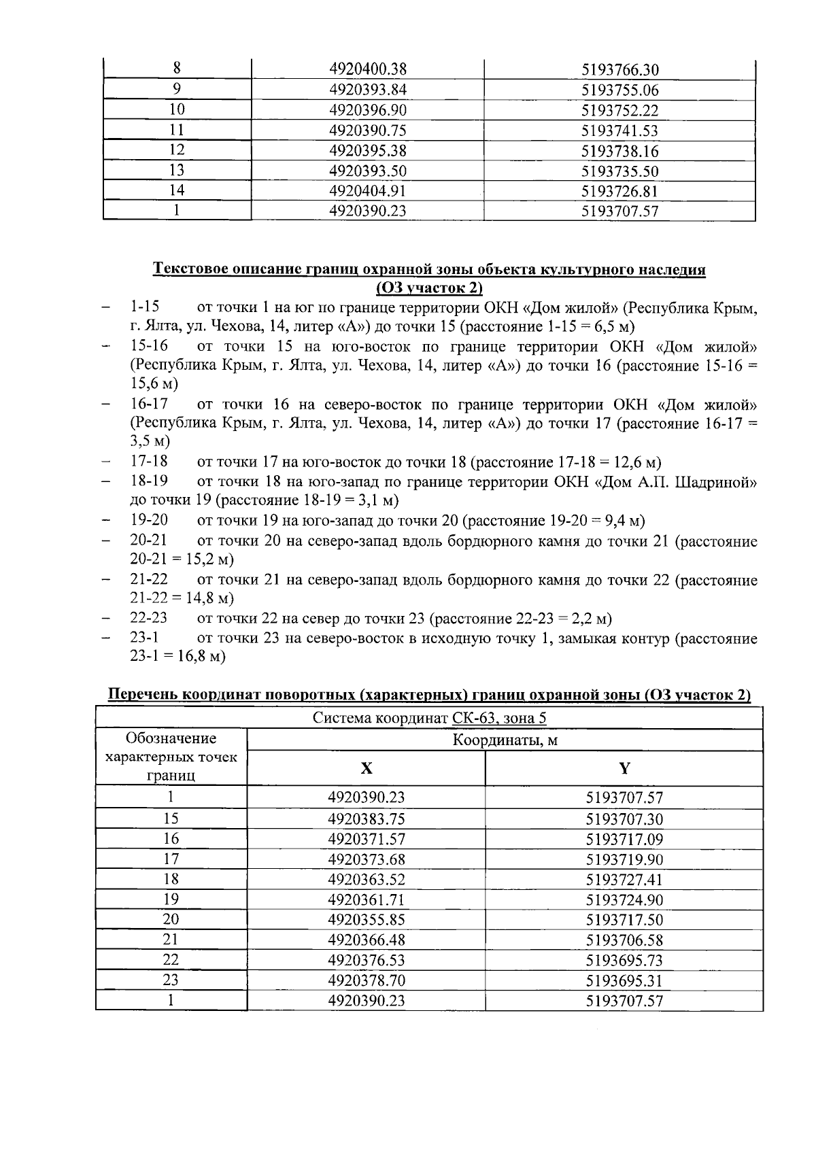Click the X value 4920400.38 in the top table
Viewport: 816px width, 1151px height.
click(x=367, y=69)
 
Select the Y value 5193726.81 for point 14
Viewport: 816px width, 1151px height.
click(x=619, y=191)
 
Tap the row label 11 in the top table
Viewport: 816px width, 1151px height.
click(x=176, y=130)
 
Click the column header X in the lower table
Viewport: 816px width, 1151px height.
click(x=366, y=768)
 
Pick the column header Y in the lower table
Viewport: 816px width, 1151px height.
click(x=624, y=768)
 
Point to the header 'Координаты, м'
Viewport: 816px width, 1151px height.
click(x=505, y=740)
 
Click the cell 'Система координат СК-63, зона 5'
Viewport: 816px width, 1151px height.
click(x=429, y=719)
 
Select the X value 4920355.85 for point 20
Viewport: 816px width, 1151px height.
click(x=366, y=920)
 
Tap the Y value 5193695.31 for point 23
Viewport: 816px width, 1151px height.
click(x=624, y=980)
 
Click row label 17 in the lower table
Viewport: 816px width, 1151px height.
click(x=171, y=859)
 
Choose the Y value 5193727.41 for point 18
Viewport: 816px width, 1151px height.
click(x=624, y=879)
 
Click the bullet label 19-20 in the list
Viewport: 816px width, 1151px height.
click(x=149, y=520)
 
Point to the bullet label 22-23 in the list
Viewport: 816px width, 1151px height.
click(x=149, y=618)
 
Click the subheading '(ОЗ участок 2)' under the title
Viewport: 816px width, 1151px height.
click(x=429, y=288)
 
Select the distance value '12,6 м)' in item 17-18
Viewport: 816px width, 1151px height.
click(x=637, y=463)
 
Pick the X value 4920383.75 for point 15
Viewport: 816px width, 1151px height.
click(x=366, y=819)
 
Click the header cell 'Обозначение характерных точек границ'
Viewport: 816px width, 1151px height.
click(x=171, y=757)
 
